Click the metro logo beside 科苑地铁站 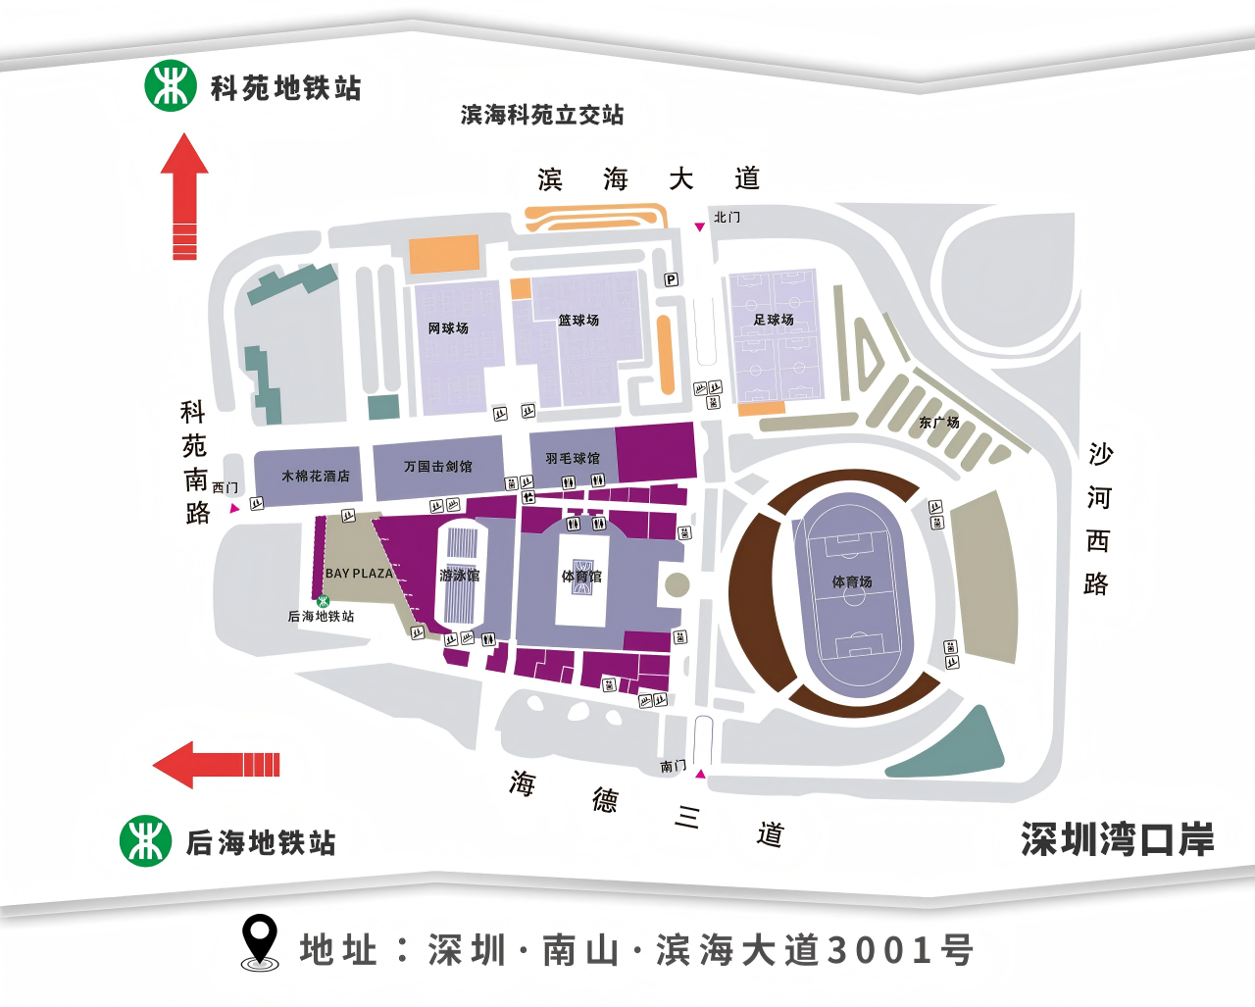[171, 85]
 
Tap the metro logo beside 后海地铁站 [145, 840]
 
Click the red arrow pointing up [184, 196]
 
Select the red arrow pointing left [216, 765]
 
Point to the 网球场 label [448, 328]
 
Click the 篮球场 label [578, 321]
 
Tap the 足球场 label [774, 320]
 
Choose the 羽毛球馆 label [573, 459]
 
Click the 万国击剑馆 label [438, 467]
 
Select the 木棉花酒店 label [315, 477]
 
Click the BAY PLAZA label [359, 574]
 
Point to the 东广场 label [938, 423]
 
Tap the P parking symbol [672, 279]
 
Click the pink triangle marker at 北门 [699, 227]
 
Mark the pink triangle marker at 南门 [700, 774]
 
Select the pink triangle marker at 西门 [234, 508]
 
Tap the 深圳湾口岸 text [1117, 840]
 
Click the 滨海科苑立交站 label [542, 115]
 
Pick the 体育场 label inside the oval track [852, 581]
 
